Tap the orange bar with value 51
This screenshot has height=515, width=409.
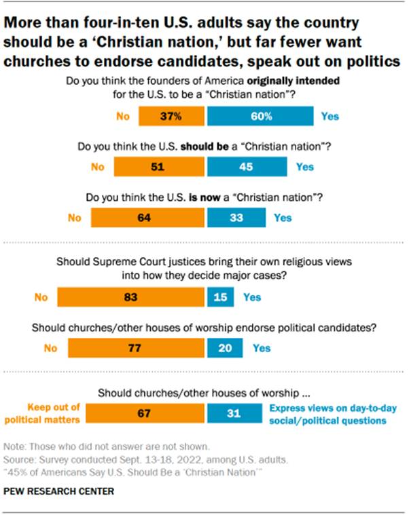(x=159, y=166)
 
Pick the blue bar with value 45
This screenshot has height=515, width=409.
(x=247, y=166)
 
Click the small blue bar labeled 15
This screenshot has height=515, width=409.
(x=219, y=297)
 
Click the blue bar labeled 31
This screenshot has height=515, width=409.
(x=234, y=414)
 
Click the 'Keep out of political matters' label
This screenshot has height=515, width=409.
(x=52, y=414)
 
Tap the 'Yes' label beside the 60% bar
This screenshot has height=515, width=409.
(x=330, y=116)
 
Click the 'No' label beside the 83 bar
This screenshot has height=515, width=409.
(x=41, y=297)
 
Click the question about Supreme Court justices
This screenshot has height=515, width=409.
(x=204, y=269)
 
